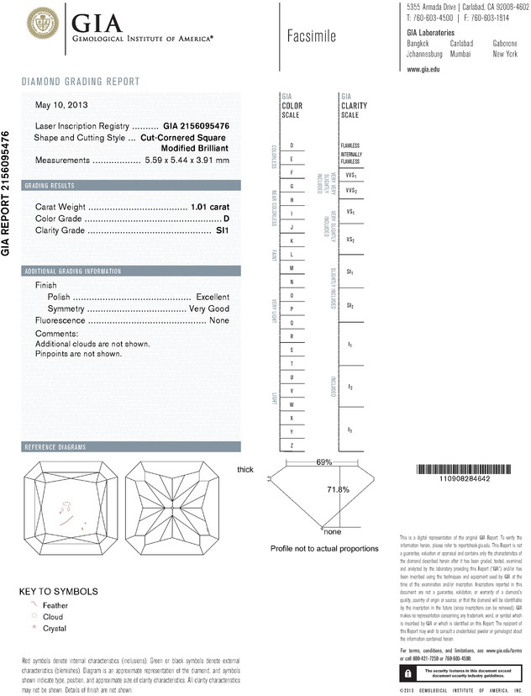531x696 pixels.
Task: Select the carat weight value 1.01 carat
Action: pyautogui.click(x=209, y=205)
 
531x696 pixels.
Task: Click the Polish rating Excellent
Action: pyautogui.click(x=213, y=298)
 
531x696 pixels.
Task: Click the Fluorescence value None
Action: pyautogui.click(x=219, y=321)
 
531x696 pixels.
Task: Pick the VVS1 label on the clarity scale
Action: pyautogui.click(x=351, y=175)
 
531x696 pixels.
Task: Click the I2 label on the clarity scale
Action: pyautogui.click(x=350, y=388)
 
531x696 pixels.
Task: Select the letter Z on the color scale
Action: pyautogui.click(x=292, y=444)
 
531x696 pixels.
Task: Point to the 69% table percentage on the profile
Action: pyautogui.click(x=324, y=462)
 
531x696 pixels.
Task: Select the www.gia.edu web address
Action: pyautogui.click(x=424, y=71)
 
